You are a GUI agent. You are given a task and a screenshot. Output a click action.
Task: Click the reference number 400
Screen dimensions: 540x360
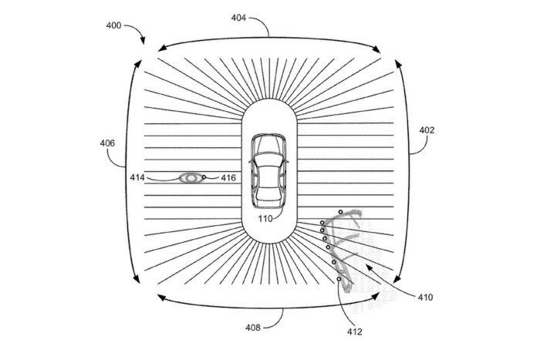(113, 25)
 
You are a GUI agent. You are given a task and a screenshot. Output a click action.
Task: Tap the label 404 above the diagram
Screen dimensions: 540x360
(238, 18)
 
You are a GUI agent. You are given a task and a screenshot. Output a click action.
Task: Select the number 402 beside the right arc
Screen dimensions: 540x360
(427, 130)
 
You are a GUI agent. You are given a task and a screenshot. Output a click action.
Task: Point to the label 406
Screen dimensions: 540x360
(107, 143)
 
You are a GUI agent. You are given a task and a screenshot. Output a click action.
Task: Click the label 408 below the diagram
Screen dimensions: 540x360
(253, 328)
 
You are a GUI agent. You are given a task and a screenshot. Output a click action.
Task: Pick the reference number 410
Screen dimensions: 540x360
(425, 297)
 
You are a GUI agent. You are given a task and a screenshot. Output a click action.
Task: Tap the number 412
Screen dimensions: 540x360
(354, 331)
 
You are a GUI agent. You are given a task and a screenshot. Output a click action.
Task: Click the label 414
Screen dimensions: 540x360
(137, 177)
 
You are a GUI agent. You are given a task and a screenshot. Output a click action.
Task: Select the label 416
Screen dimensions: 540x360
(228, 177)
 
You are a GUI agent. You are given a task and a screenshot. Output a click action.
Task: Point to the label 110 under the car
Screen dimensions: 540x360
(265, 218)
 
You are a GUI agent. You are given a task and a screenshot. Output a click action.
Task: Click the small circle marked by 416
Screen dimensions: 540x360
(204, 177)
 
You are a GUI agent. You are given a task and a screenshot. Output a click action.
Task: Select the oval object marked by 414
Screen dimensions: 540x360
(191, 178)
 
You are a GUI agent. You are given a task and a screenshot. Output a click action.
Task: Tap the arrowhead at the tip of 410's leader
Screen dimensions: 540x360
(370, 267)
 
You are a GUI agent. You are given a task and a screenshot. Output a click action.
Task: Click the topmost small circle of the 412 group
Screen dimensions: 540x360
(340, 212)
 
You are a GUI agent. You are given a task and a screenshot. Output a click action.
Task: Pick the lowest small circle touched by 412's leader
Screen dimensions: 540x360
(339, 279)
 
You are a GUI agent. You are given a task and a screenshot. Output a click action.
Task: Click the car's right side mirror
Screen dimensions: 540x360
(286, 161)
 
